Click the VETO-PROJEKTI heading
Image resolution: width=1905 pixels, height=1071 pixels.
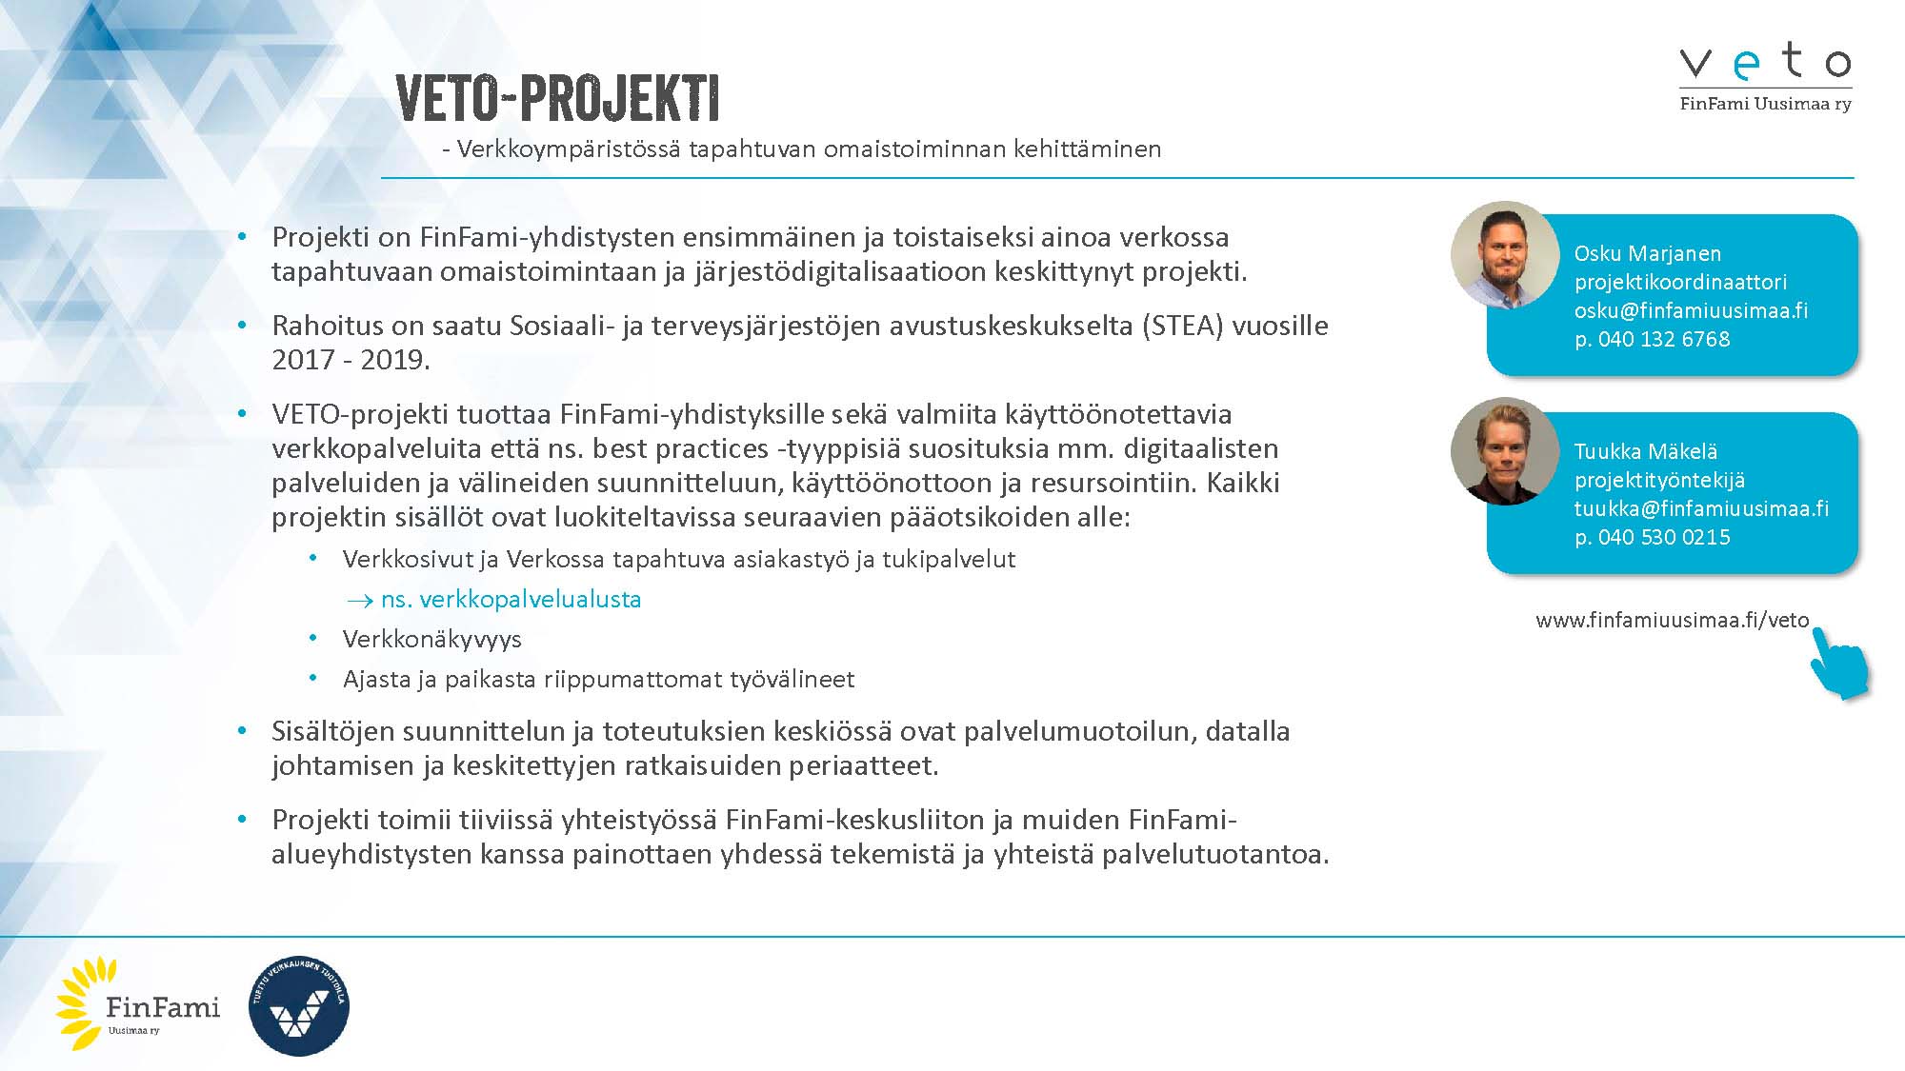[x=557, y=97]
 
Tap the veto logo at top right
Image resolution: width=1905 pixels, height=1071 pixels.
[x=1765, y=62]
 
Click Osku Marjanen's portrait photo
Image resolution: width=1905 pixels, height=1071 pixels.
[x=1505, y=255]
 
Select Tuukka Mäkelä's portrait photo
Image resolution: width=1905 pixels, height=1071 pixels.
[x=1505, y=451]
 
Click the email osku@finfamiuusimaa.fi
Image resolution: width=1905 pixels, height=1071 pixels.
[x=1690, y=310]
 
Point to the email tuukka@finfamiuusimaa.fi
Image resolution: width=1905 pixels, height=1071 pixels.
[x=1700, y=508]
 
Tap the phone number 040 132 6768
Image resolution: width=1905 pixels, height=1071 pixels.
[x=1663, y=339]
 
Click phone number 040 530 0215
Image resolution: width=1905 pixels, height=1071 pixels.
[x=1663, y=537]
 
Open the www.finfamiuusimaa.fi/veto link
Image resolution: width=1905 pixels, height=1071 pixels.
[x=1672, y=620]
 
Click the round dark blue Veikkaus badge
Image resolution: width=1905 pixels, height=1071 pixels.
[x=298, y=1006]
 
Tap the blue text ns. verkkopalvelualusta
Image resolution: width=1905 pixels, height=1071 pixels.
[x=511, y=599]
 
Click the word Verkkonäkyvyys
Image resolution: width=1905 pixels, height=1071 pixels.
[x=431, y=639]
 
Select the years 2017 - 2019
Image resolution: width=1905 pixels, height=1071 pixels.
[x=351, y=360]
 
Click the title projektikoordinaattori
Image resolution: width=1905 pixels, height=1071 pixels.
[x=1679, y=282]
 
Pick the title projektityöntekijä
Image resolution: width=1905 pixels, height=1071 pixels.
[x=1658, y=480]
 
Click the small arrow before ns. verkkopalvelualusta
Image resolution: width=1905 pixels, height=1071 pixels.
[x=359, y=601]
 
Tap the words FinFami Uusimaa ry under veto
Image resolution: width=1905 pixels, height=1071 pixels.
[x=1765, y=104]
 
